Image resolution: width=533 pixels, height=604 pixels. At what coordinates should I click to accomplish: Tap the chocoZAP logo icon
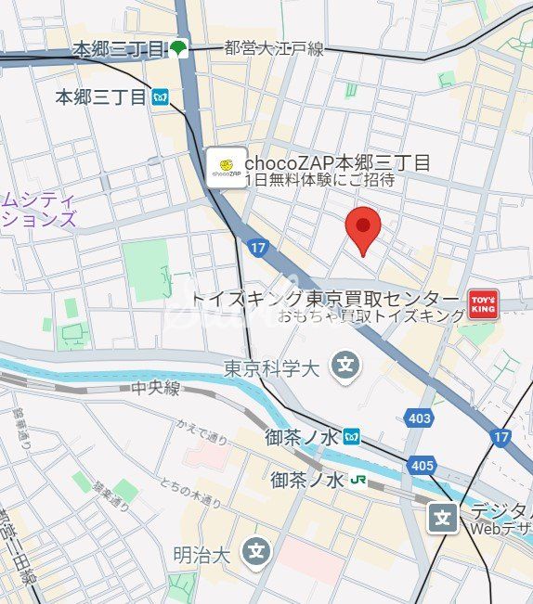click(226, 168)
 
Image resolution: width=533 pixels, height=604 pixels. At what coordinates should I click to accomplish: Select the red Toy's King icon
click(483, 303)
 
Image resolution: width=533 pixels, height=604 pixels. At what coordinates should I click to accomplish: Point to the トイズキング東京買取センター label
click(326, 299)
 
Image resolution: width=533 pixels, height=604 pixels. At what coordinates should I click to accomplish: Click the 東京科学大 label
click(272, 368)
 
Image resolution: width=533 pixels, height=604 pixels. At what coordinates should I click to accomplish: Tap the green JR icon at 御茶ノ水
click(357, 482)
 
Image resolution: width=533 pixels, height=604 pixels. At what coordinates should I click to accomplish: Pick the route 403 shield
click(420, 418)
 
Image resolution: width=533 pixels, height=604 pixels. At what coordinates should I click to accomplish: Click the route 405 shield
click(421, 464)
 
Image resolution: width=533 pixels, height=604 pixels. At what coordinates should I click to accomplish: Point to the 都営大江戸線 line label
click(274, 49)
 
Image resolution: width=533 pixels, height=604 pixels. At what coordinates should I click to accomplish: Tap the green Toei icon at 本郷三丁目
click(178, 49)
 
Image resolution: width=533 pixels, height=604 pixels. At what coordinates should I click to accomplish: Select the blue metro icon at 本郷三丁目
click(162, 96)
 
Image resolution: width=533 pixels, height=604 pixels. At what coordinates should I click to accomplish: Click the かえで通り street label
click(202, 435)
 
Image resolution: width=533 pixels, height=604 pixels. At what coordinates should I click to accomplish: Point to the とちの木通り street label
click(189, 493)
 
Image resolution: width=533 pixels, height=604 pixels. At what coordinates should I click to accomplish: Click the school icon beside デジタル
click(445, 517)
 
